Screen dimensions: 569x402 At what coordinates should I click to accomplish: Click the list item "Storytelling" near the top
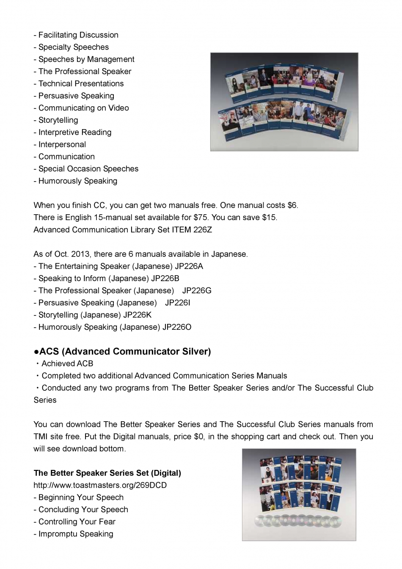[58, 120]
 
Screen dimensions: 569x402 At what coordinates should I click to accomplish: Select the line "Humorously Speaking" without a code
[77, 181]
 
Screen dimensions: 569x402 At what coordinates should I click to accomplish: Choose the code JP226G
[197, 291]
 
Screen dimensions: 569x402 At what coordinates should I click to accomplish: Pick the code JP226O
[177, 327]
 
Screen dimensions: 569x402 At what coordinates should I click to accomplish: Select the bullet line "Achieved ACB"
[67, 364]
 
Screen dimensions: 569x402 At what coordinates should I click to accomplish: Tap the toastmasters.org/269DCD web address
[100, 485]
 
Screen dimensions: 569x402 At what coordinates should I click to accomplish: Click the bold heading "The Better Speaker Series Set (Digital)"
[107, 473]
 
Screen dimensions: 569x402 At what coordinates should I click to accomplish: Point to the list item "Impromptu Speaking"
[75, 534]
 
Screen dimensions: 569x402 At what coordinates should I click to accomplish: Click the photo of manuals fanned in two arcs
[284, 102]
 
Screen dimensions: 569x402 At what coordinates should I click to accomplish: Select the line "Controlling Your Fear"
[77, 522]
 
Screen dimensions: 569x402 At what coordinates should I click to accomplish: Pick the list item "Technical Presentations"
[81, 84]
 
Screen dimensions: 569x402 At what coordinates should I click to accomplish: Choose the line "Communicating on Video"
[83, 108]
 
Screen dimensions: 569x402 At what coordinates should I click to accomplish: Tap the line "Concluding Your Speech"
[83, 510]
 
